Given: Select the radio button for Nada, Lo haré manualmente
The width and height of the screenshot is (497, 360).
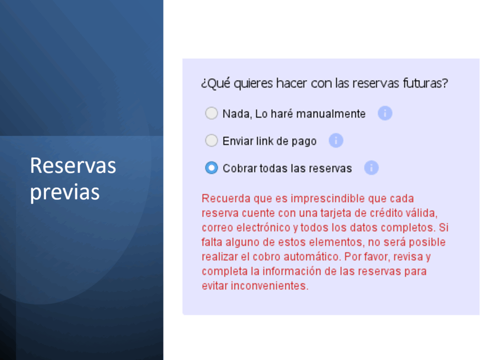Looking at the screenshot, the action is (x=212, y=113).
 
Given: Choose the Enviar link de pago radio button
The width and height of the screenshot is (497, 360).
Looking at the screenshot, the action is (x=212, y=140).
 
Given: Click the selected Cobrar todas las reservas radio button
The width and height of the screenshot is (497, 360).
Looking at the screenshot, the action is (x=212, y=168).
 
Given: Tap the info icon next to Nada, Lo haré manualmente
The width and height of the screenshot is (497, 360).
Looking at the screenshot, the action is (x=385, y=113).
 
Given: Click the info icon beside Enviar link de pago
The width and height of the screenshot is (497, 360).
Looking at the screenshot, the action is (x=336, y=140).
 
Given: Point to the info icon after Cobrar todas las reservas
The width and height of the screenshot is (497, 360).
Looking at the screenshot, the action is (x=371, y=168).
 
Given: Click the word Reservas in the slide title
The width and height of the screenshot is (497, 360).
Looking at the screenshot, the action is (x=73, y=166).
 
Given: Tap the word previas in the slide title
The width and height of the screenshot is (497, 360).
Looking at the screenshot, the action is (x=65, y=192).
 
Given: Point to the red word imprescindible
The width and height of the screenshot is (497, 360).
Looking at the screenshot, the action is (x=328, y=199).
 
